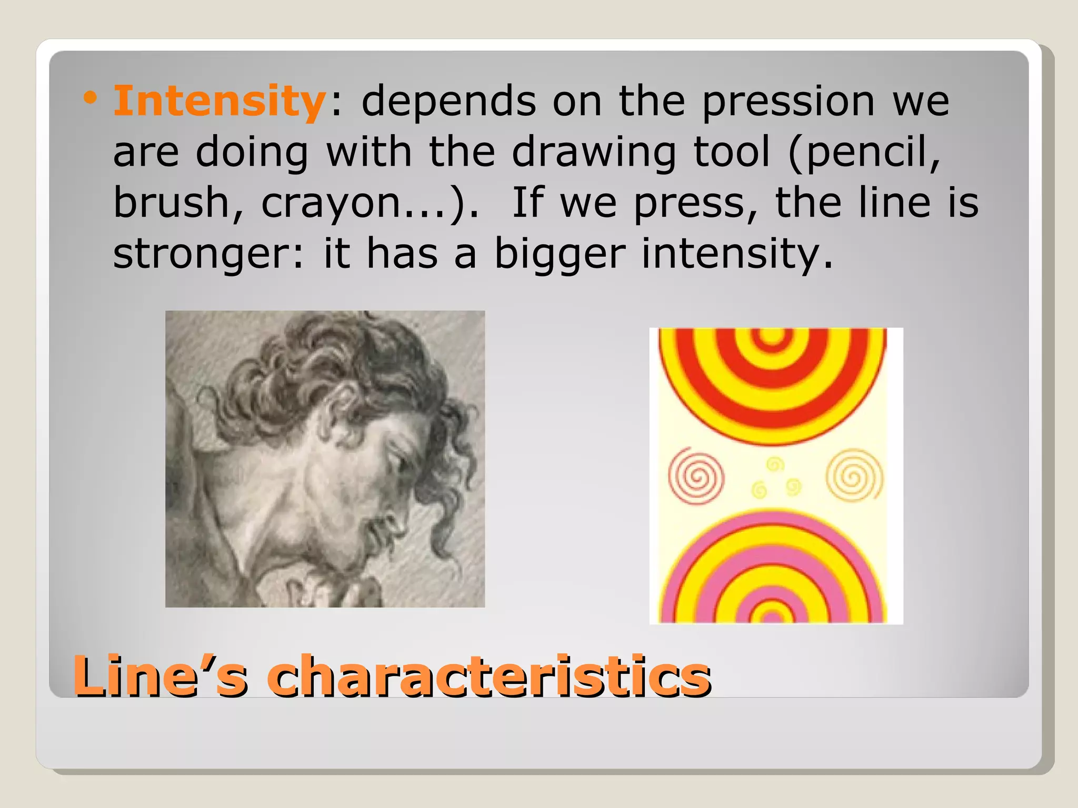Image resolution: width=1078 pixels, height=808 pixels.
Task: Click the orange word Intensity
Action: [x=219, y=101]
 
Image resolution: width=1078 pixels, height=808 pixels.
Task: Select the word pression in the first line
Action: [x=788, y=101]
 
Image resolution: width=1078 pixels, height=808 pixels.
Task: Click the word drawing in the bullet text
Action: [x=594, y=152]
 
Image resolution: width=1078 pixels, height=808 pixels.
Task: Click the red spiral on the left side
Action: [x=696, y=476]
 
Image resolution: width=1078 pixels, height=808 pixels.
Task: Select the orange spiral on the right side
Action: [x=854, y=475]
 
